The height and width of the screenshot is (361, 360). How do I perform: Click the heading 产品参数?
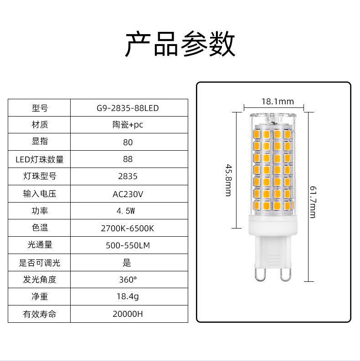point(180,44)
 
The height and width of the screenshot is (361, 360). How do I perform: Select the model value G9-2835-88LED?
point(128,108)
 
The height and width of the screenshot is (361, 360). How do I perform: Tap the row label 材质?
point(40,125)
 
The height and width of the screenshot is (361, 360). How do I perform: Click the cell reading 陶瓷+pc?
point(128,125)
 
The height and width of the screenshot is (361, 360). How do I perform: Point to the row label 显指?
point(40,142)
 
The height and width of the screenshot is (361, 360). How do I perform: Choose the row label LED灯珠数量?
point(40,159)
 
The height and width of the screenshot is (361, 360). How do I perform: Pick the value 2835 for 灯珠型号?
point(128,176)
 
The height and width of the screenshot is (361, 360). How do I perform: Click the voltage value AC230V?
point(128,194)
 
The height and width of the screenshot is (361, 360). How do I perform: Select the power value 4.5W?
point(128,211)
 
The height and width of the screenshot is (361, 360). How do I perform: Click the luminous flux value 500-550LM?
point(128,245)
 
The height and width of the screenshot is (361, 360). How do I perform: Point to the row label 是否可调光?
point(40,263)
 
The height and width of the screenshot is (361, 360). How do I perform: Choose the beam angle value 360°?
point(128,280)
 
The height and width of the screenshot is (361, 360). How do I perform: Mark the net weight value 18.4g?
point(128,297)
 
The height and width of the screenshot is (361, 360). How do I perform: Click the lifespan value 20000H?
point(128,314)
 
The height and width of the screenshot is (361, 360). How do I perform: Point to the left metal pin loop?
point(260,274)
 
